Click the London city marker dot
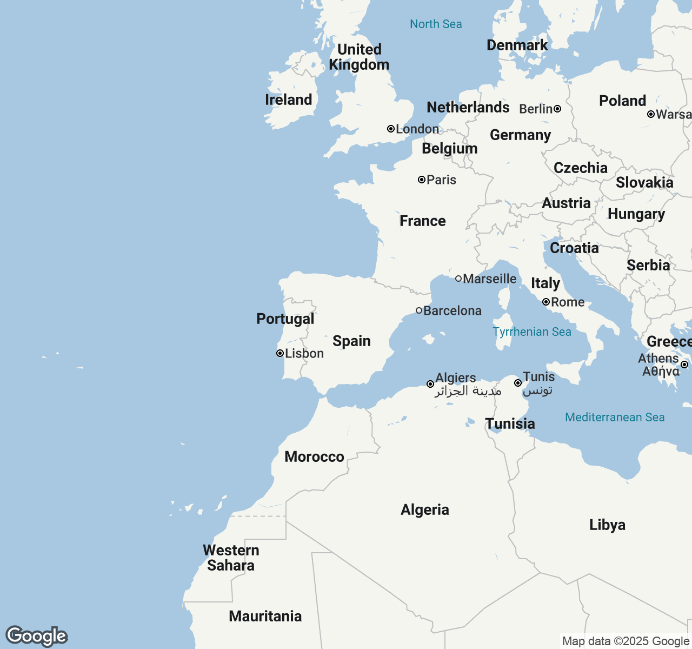[390, 129]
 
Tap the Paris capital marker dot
[422, 180]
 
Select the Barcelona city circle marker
[419, 310]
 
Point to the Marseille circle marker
[458, 279]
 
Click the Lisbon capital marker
[280, 353]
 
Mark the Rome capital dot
[546, 302]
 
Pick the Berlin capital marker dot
[557, 109]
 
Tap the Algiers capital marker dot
[430, 384]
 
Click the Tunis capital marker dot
[517, 383]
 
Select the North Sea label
[436, 24]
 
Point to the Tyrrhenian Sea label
[532, 332]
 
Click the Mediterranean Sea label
[615, 417]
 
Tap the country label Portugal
[285, 319]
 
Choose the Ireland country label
[289, 100]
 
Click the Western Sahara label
[231, 558]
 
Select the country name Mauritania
[265, 616]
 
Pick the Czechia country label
[581, 168]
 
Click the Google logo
[37, 636]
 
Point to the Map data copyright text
[625, 641]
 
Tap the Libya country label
[607, 525]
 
